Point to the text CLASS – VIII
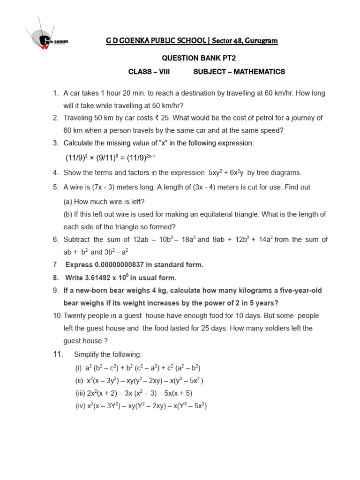(x=149, y=72)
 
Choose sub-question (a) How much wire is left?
(x=104, y=202)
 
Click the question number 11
(x=58, y=354)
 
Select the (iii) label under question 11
(x=80, y=393)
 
